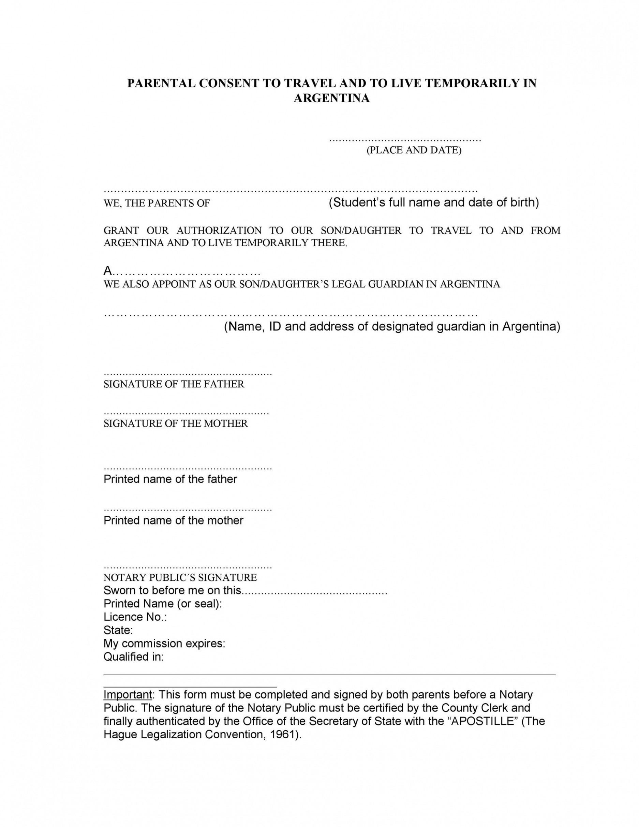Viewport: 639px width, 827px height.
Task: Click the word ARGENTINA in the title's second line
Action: pos(332,98)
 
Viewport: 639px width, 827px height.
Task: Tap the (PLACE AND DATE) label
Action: pos(414,150)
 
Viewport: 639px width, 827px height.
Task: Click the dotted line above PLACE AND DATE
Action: pos(405,140)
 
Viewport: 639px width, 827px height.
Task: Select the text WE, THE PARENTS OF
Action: pos(157,203)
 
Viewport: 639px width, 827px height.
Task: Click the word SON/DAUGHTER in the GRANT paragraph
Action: pos(361,231)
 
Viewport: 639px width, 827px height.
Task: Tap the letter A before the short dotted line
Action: pos(108,271)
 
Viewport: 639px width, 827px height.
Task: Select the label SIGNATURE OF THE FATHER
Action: pos(174,384)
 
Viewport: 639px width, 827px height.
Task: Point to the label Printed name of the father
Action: pos(170,479)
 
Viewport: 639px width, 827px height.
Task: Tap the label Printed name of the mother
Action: pos(173,520)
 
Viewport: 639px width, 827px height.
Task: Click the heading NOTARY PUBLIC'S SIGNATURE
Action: pos(180,577)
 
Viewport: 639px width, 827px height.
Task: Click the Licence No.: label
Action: pos(135,617)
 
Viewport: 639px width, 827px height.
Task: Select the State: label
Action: pos(118,630)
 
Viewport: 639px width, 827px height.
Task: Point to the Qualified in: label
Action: pos(134,656)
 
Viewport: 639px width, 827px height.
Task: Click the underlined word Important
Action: pos(128,694)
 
